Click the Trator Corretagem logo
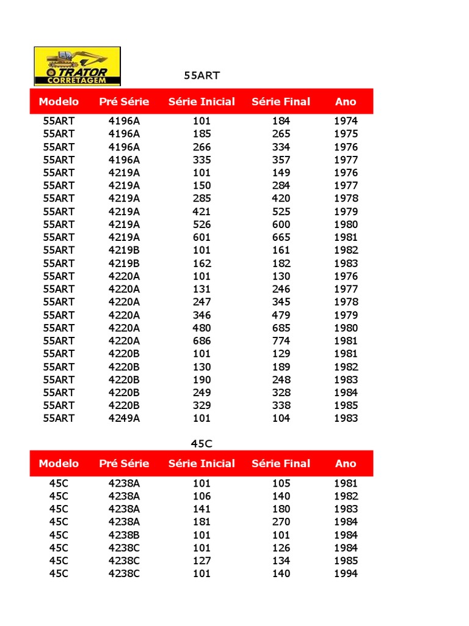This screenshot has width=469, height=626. pos(77,66)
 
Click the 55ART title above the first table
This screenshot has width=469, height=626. pos(202,76)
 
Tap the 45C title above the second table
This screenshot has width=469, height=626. pos(202,443)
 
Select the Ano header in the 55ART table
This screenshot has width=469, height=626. pos(346,101)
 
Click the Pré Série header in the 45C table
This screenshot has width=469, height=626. pos(124,463)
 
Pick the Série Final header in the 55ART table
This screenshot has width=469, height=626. pos(281,101)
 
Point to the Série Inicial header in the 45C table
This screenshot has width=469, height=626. pos(202,463)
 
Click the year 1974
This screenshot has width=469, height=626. pos(346,121)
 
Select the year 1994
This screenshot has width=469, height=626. pos(346,573)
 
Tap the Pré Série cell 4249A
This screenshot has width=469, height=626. pos(124,418)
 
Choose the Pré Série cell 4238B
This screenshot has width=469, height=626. pos(124,535)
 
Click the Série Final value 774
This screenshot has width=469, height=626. pos(281,341)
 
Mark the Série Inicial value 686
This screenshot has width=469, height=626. pos(202,341)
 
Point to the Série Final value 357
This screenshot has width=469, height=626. pos(281,160)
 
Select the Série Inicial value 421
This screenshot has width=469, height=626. pos(202,212)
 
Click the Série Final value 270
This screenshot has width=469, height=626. pos(281,522)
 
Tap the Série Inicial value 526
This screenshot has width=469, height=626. pos(202,224)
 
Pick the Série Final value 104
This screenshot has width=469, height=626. pos(281,418)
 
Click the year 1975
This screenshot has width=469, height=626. pos(346,134)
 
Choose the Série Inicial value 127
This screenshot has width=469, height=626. pos(202,561)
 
